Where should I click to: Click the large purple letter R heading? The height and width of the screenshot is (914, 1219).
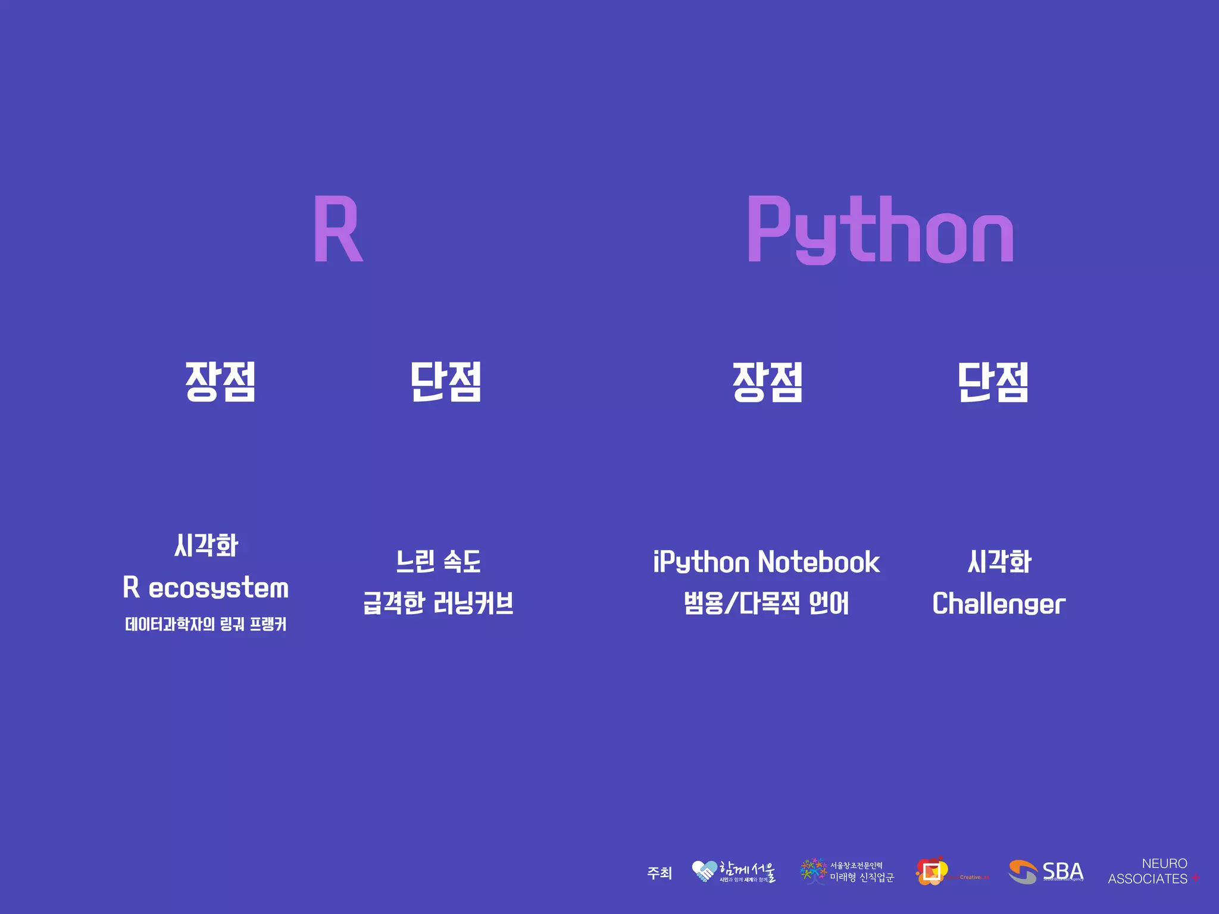pos(337,230)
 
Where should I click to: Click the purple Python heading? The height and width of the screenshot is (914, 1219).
pos(880,230)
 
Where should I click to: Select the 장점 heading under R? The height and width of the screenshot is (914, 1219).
pos(220,381)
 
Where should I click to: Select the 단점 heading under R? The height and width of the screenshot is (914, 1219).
pos(446,381)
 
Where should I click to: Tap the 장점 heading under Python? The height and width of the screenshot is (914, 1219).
pos(768,381)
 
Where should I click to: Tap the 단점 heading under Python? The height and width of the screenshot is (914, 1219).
pos(993,381)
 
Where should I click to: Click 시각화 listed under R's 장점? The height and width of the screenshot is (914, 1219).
pos(206,545)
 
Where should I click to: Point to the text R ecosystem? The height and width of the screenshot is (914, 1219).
pos(206,588)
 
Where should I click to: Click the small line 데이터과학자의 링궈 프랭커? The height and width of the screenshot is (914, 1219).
pos(206,624)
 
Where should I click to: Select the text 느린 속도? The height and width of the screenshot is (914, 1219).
pos(439,562)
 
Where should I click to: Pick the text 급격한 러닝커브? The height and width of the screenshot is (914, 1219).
pos(439,603)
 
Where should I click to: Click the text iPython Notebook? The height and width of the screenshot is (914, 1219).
pos(767,562)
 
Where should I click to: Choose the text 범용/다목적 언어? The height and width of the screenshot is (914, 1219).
pos(767,603)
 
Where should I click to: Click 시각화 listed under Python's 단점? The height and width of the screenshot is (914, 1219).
pos(999,562)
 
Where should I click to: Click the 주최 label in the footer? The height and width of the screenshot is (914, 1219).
pos(659,873)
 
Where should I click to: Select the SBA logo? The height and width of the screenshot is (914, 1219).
pos(1046,872)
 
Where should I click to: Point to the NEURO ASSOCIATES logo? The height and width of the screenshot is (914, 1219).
pos(1153,871)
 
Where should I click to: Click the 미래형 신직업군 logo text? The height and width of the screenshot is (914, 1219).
pos(861,878)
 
